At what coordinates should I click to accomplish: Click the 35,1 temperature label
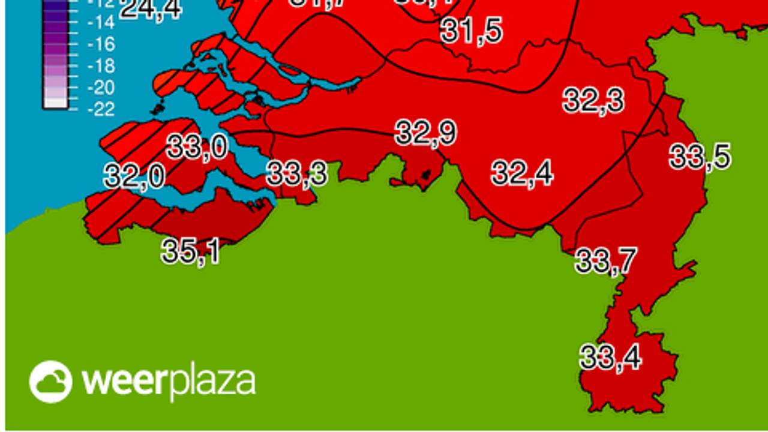(x=191, y=251)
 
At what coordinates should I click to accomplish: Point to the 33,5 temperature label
(x=700, y=157)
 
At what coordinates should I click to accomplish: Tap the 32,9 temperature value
(x=426, y=133)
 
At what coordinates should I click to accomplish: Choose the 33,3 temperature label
(x=297, y=173)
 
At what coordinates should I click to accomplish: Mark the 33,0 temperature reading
(x=197, y=146)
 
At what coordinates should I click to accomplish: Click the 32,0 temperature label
(x=134, y=176)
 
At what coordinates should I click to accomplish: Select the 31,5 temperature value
(x=472, y=31)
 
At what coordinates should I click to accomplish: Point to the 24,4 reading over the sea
(x=150, y=10)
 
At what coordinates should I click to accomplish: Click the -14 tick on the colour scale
(x=101, y=23)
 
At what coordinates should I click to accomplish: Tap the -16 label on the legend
(x=101, y=44)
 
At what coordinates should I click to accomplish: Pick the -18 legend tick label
(x=101, y=66)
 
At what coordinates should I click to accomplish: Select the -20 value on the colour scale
(x=101, y=88)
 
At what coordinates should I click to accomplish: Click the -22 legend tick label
(x=101, y=109)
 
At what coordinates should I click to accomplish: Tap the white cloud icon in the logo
(x=50, y=382)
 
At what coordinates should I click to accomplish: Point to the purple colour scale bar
(x=56, y=54)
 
